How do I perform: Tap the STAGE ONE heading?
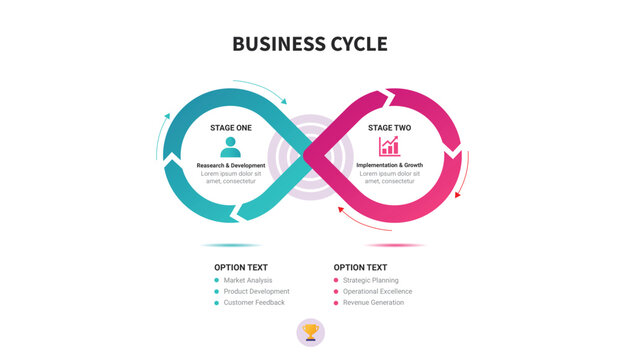[x=231, y=128]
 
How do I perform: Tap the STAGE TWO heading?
[x=389, y=128]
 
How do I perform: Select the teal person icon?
[x=230, y=147]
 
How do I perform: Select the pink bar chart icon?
[x=389, y=147]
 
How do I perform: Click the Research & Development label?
[x=231, y=165]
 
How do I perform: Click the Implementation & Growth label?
[x=389, y=164]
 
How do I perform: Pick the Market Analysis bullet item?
[x=248, y=280]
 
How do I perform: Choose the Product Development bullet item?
[x=256, y=291]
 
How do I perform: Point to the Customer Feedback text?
[x=254, y=302]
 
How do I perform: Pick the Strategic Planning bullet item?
[x=371, y=280]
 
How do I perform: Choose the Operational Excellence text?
[x=377, y=291]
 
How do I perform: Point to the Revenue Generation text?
[x=373, y=302]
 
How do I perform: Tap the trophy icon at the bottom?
[x=311, y=332]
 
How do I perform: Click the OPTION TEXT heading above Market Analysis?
[x=241, y=267]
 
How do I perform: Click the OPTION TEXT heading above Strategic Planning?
[x=360, y=267]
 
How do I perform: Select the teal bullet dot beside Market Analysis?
[x=217, y=280]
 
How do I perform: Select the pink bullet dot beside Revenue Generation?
[x=336, y=302]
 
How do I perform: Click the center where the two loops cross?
[x=311, y=156]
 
